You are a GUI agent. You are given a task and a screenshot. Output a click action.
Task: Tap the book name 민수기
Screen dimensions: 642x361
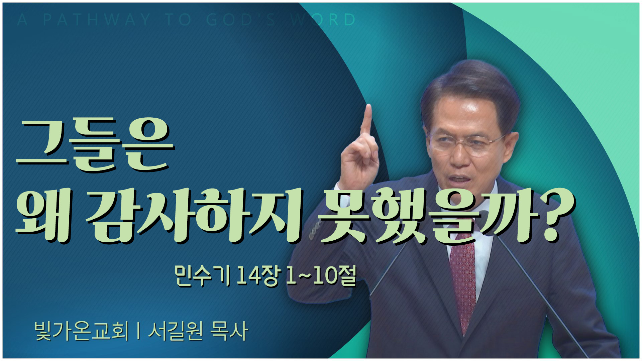202,276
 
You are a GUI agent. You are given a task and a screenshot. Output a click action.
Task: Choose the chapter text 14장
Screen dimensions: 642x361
257,276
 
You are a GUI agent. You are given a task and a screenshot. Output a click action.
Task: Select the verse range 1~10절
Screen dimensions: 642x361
321,276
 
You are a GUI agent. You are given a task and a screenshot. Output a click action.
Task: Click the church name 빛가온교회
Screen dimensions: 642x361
81,331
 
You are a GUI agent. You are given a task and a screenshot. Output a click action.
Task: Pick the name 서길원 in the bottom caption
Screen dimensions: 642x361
176,331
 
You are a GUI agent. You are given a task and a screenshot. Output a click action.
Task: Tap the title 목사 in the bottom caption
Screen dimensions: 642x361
229,331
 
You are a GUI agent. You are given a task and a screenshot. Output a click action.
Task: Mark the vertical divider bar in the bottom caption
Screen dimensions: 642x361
138,331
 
